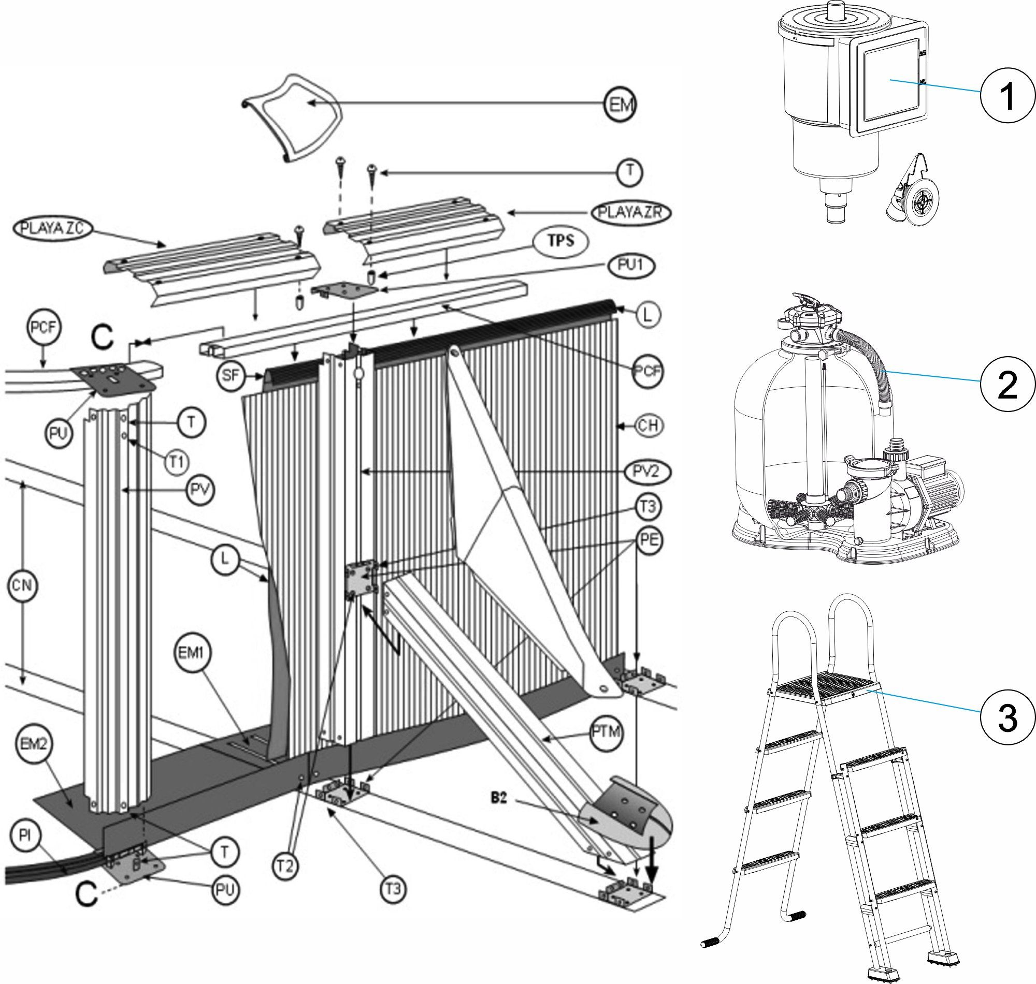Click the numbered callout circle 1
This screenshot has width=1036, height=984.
tap(1006, 99)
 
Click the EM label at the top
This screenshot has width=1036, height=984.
tap(620, 106)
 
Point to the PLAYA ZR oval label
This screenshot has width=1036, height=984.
tap(631, 212)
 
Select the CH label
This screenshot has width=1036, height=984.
tap(649, 425)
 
